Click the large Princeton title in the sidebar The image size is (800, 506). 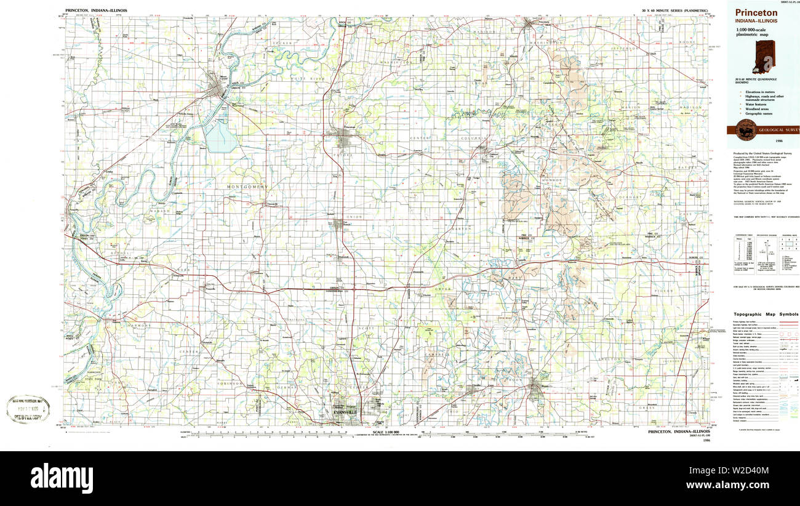[x=756, y=12]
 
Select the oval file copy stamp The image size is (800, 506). [x=28, y=409]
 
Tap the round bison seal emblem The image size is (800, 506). [x=746, y=129]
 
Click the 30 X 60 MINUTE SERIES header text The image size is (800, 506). [x=674, y=10]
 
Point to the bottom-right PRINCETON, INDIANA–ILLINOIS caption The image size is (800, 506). [x=679, y=432]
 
